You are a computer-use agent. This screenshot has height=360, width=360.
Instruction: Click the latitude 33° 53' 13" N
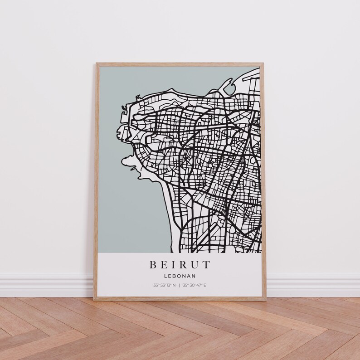click(x=164, y=285)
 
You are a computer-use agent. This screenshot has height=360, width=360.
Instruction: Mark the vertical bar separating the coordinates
click(x=179, y=285)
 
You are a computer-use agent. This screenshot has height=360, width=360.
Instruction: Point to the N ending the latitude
click(x=174, y=285)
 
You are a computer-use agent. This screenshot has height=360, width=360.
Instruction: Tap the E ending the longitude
click(x=204, y=285)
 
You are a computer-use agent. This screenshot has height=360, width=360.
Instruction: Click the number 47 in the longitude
click(x=199, y=285)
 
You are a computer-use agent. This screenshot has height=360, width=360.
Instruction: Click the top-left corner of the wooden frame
click(x=96, y=63)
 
